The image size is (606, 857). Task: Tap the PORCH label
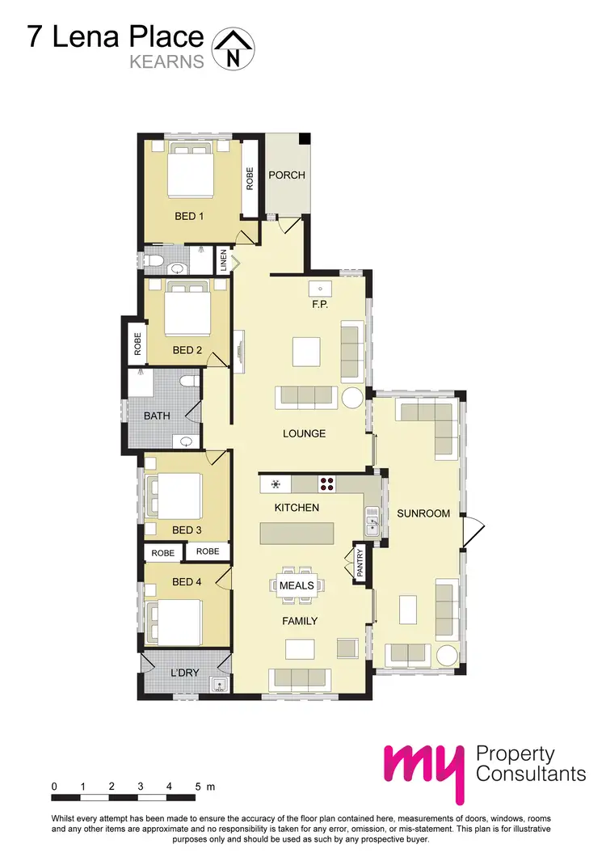coord(287,175)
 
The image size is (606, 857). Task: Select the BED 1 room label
coord(189,216)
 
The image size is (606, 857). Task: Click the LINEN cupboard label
coord(223,260)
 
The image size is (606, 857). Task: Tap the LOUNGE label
coord(304,433)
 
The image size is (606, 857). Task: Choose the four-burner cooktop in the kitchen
coord(327,484)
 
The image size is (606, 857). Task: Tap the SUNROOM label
coord(419,513)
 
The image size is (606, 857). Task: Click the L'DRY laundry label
coord(185,673)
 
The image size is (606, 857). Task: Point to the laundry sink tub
coord(218,686)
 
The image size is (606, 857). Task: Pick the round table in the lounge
coord(353,398)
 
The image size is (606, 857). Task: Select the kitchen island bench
coord(297,534)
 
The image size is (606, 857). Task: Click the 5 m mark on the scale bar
coord(198,786)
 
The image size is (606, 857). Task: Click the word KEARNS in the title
coord(167,61)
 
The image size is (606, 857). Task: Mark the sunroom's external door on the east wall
coord(473,532)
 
